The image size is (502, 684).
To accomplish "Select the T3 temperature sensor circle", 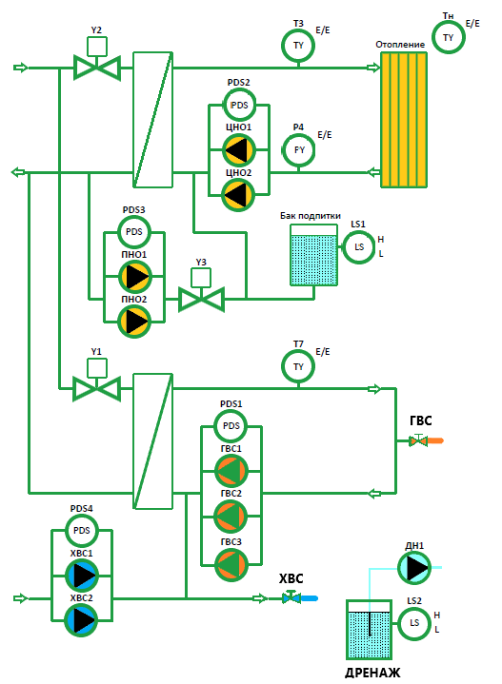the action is (x=298, y=46).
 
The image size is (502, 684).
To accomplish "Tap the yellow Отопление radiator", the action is (x=404, y=120).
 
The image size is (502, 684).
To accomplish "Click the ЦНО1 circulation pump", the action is (x=238, y=150).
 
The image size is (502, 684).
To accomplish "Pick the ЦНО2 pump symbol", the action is (x=238, y=195).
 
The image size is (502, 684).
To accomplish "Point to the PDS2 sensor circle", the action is (x=239, y=105).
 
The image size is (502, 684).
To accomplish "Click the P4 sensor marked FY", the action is (x=299, y=150).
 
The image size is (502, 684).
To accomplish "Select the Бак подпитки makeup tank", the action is (x=313, y=255).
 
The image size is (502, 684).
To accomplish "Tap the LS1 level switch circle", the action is (x=359, y=247).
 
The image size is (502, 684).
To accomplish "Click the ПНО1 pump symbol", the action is (x=134, y=277).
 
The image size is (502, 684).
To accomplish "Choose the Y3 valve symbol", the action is (x=201, y=293).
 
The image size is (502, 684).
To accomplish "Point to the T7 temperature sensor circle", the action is (x=298, y=366).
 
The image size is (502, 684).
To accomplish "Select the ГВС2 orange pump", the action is (x=231, y=516).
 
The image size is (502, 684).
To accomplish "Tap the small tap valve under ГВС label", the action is (x=418, y=440).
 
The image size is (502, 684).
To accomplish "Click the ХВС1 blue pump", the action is (x=82, y=576).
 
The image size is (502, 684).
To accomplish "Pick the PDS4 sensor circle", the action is (x=82, y=531).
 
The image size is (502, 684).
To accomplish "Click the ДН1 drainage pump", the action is (x=414, y=568).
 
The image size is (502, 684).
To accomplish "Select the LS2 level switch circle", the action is (x=414, y=623).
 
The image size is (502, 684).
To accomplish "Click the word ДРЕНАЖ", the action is (x=372, y=674).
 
